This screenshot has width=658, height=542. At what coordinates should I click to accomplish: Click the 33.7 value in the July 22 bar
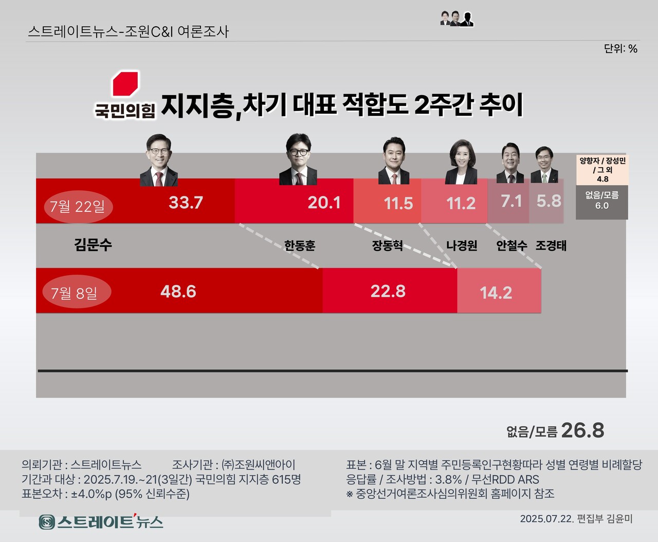[186, 203]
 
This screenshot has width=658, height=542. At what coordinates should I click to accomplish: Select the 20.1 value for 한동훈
[324, 203]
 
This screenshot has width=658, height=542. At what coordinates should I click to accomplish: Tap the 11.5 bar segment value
[398, 204]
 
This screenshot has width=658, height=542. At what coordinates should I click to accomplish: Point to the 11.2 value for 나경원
[461, 204]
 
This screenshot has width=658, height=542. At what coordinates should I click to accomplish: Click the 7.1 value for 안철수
[511, 201]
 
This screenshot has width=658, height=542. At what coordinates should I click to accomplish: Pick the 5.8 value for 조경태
[549, 201]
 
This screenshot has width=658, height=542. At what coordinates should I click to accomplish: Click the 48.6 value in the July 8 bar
[178, 292]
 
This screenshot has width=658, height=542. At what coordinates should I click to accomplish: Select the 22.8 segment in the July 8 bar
[388, 291]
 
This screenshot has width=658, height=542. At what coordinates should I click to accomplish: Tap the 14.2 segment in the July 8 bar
[496, 293]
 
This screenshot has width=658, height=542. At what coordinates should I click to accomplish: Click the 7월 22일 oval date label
[78, 207]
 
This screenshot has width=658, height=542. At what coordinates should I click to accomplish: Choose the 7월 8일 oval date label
[74, 293]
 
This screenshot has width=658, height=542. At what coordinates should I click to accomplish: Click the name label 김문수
[93, 244]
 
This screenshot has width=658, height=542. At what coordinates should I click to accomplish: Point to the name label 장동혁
[387, 245]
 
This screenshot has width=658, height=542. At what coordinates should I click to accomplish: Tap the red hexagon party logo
[125, 84]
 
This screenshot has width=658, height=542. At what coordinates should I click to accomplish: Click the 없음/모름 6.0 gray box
[601, 201]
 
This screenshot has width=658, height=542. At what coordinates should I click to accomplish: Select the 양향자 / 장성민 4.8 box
[602, 169]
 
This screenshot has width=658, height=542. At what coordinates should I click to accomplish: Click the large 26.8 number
[582, 430]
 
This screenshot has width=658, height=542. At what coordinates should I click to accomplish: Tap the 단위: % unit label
[620, 49]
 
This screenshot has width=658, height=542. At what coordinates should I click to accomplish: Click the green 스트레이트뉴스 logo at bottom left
[101, 522]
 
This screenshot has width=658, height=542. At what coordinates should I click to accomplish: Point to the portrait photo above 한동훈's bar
[298, 159]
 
